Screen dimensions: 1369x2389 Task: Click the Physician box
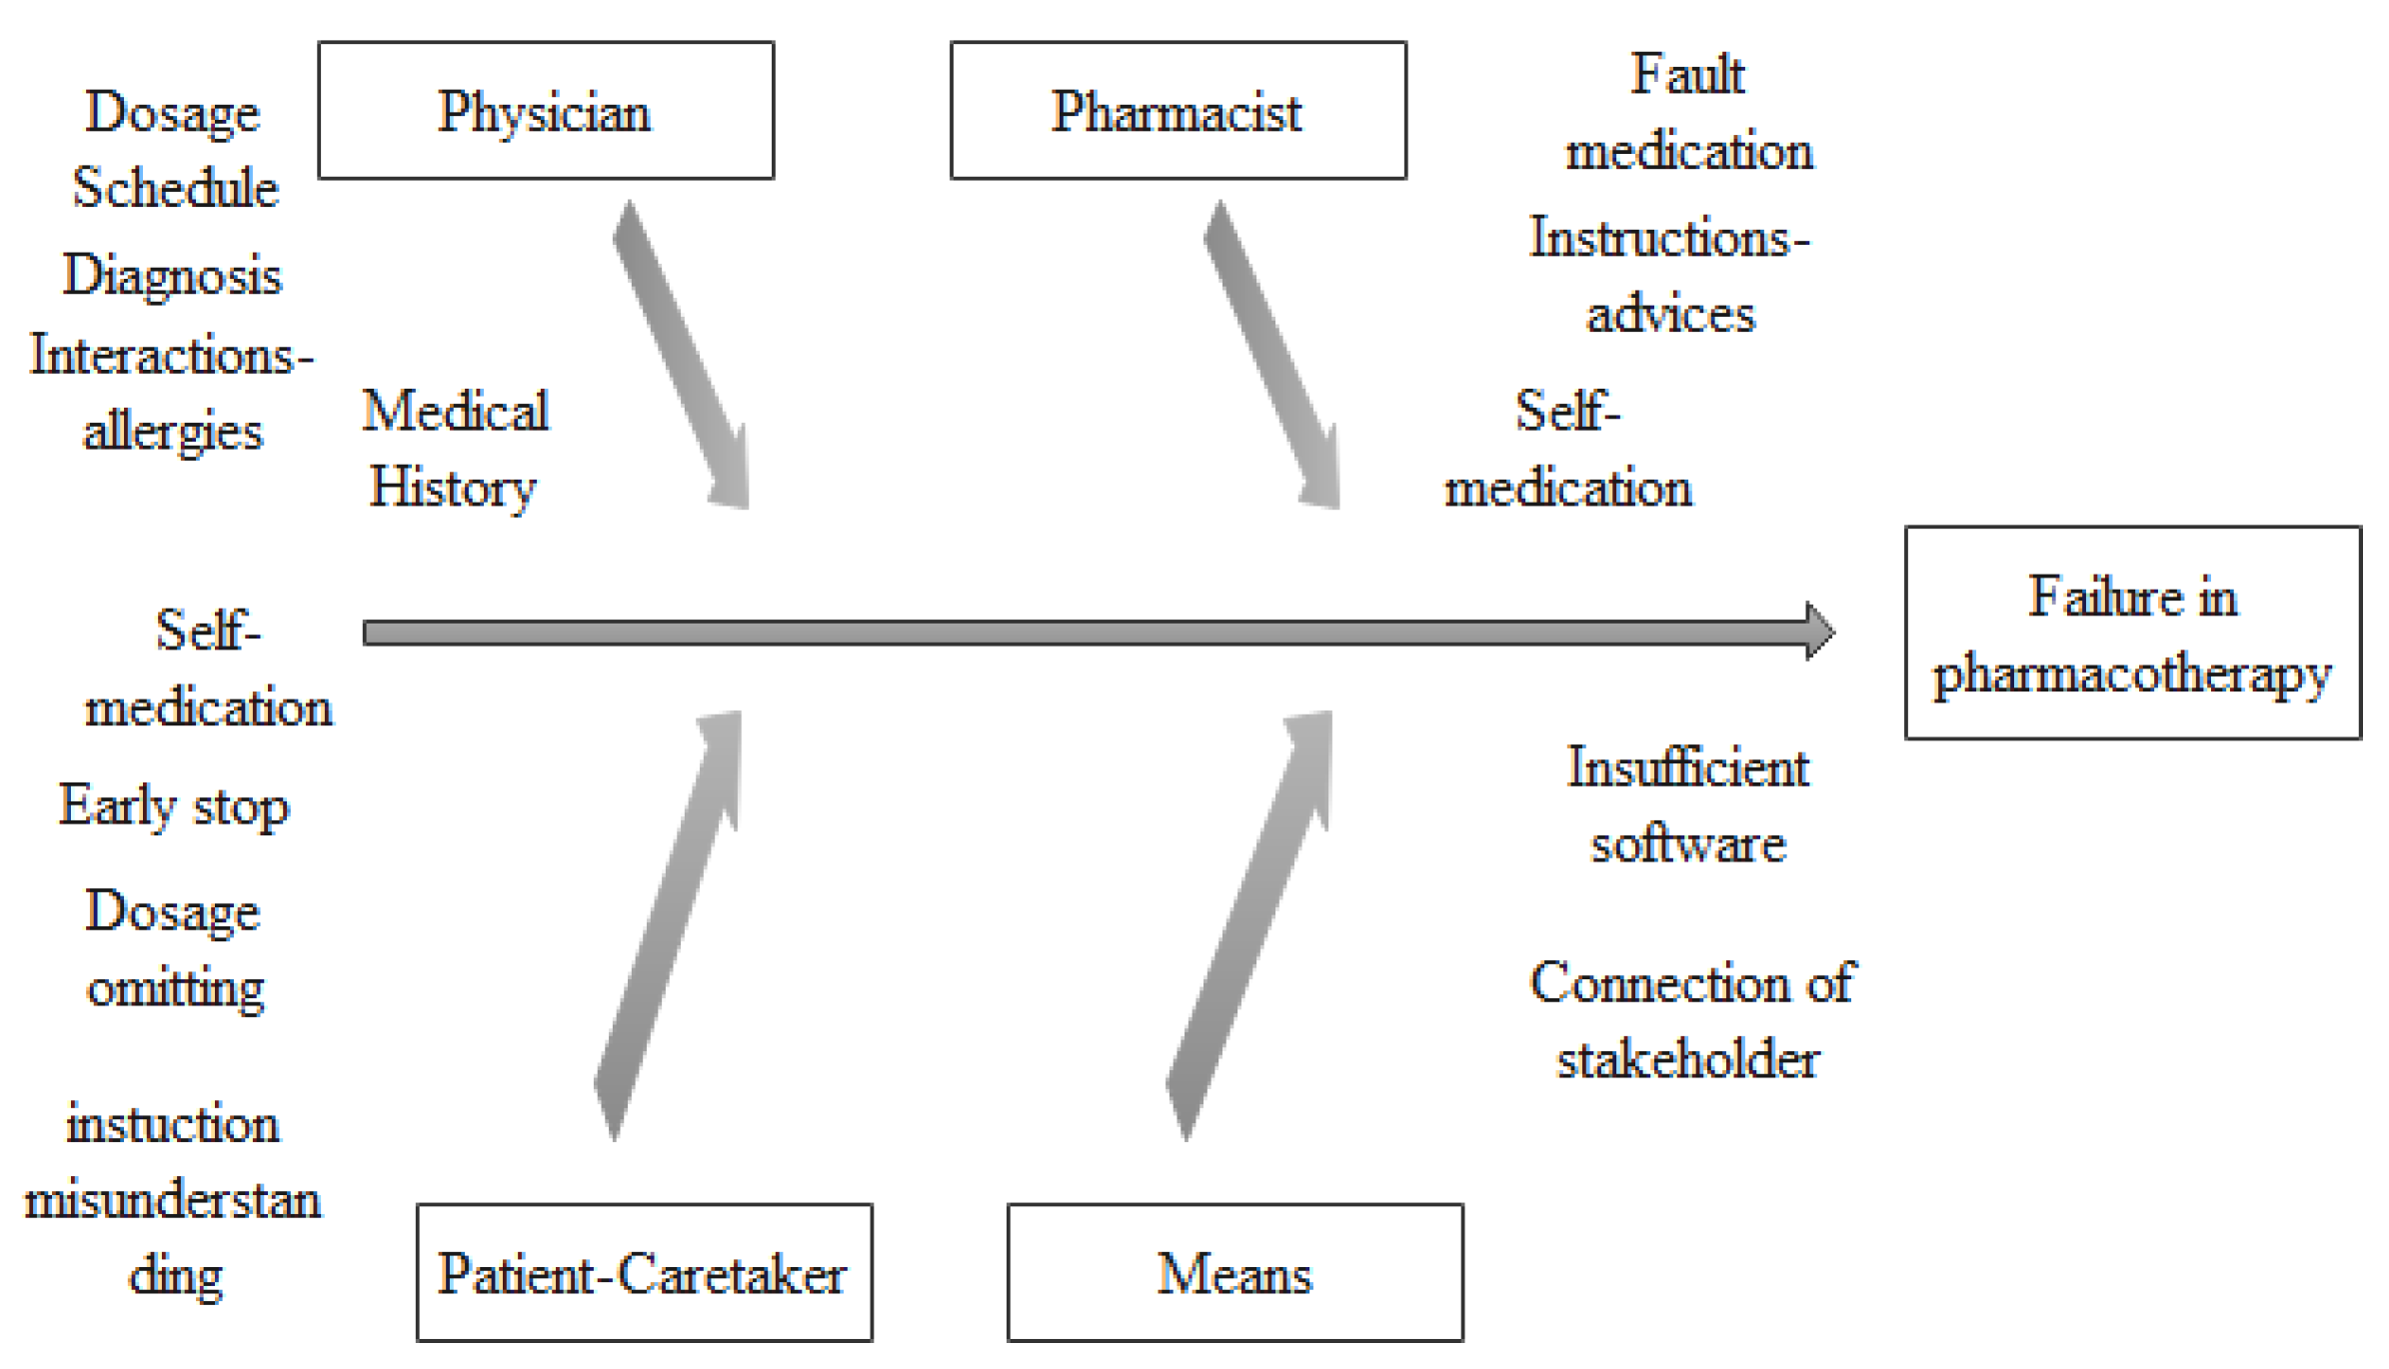click(546, 111)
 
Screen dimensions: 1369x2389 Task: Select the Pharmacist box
click(1178, 111)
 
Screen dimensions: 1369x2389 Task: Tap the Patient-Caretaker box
click(644, 1272)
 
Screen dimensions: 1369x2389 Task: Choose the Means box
click(1234, 1272)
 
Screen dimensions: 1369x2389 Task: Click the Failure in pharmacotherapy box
click(2132, 633)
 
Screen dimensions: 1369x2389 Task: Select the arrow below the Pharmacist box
click(1272, 355)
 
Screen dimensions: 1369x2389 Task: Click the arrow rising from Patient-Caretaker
click(668, 924)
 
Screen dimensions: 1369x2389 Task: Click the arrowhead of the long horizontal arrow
click(1819, 632)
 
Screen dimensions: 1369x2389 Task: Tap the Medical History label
click(455, 450)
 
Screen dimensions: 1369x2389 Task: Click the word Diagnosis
click(172, 276)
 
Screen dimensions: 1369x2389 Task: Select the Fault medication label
click(1687, 112)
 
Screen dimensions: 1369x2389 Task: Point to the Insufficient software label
click(1687, 805)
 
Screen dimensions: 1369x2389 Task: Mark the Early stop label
click(174, 806)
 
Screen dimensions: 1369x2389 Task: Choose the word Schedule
click(175, 188)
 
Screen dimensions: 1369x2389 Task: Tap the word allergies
click(172, 433)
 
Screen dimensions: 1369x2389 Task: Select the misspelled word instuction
click(172, 1124)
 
